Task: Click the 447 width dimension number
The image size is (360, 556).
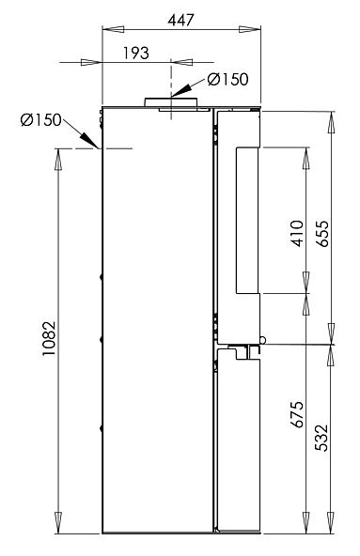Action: pyautogui.click(x=181, y=21)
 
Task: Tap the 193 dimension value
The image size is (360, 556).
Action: pyautogui.click(x=136, y=54)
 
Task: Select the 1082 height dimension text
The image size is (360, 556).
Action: pyautogui.click(x=49, y=339)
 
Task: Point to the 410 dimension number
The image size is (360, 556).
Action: pyautogui.click(x=297, y=233)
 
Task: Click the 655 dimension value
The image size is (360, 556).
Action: pyautogui.click(x=322, y=234)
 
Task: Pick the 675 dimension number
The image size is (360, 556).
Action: pyautogui.click(x=297, y=414)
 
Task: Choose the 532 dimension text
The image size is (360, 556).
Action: pyautogui.click(x=322, y=438)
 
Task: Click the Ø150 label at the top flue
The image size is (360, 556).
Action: pyautogui.click(x=227, y=79)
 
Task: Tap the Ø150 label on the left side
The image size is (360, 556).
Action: pyautogui.click(x=41, y=120)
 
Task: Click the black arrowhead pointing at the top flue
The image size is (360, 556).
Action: pyautogui.click(x=180, y=91)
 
